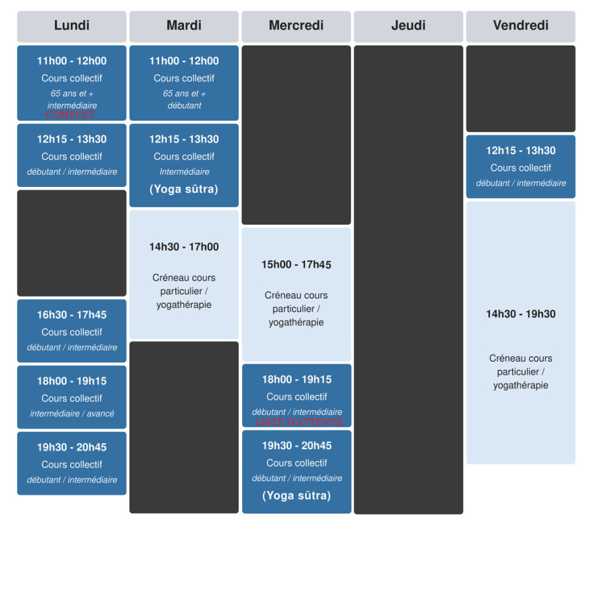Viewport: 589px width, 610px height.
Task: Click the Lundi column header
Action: point(71,25)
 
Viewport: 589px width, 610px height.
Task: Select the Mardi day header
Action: point(184,25)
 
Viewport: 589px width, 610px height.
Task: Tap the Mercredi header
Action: point(296,25)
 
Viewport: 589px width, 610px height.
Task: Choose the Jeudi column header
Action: point(408,25)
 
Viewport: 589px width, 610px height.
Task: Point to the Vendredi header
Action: point(520,25)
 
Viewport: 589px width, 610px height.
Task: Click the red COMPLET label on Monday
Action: point(71,115)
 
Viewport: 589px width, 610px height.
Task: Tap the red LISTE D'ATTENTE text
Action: point(299,422)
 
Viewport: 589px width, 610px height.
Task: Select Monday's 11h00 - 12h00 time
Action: point(71,61)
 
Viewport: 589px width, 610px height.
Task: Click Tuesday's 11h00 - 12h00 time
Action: point(184,61)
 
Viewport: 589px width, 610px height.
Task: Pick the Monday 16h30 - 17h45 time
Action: point(71,314)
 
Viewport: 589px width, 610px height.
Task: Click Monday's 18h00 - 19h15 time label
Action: point(71,381)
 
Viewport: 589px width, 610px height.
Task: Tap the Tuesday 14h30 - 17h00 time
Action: point(184,246)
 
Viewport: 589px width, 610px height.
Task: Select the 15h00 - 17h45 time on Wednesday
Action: point(296,265)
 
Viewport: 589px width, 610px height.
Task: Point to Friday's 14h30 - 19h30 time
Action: point(520,314)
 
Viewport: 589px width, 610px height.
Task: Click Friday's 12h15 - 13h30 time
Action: point(520,150)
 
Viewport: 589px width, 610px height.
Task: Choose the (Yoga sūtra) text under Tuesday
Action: point(184,189)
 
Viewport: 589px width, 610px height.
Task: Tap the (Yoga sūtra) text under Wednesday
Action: point(296,496)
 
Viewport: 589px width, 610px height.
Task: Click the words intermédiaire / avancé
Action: point(72,414)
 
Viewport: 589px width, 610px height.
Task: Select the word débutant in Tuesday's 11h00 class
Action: point(184,105)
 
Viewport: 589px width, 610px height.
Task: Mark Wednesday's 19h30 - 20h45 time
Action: point(296,445)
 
